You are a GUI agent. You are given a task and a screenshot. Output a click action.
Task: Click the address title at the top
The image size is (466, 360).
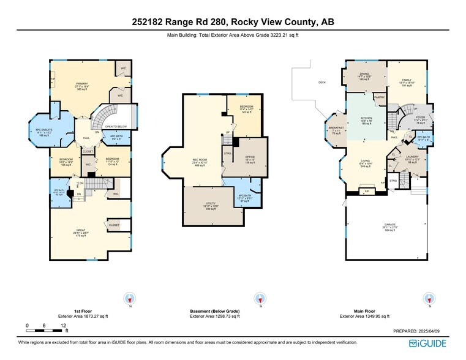tap(233, 22)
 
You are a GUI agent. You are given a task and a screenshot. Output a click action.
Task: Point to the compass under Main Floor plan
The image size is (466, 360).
tap(428, 299)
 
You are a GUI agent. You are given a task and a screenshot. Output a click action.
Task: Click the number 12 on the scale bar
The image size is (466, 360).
tap(63, 325)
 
